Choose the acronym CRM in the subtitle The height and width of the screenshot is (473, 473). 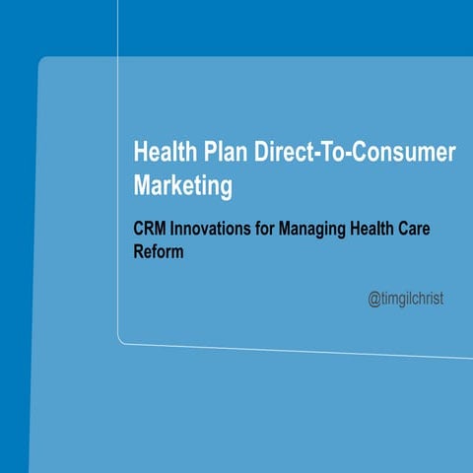[151, 229]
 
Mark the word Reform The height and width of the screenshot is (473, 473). [159, 251]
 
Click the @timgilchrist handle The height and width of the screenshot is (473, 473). [405, 297]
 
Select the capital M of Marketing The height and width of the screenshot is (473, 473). [141, 185]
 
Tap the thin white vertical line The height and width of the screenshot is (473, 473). [118, 197]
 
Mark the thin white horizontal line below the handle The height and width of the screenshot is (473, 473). [296, 349]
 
